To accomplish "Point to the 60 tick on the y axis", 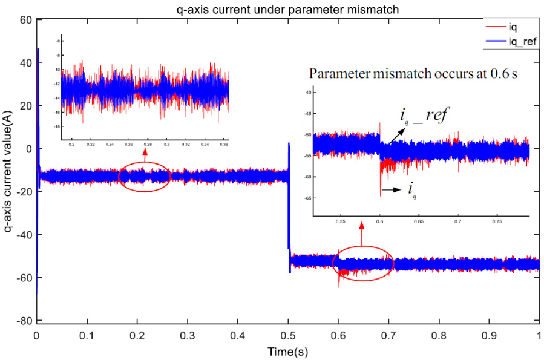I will (25, 20).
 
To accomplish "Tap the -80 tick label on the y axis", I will (23, 321).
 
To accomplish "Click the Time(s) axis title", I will (288, 351).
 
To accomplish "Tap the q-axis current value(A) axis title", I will (9, 172).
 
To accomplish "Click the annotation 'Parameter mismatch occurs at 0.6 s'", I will (417, 74).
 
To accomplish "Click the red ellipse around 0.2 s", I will (144, 177).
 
